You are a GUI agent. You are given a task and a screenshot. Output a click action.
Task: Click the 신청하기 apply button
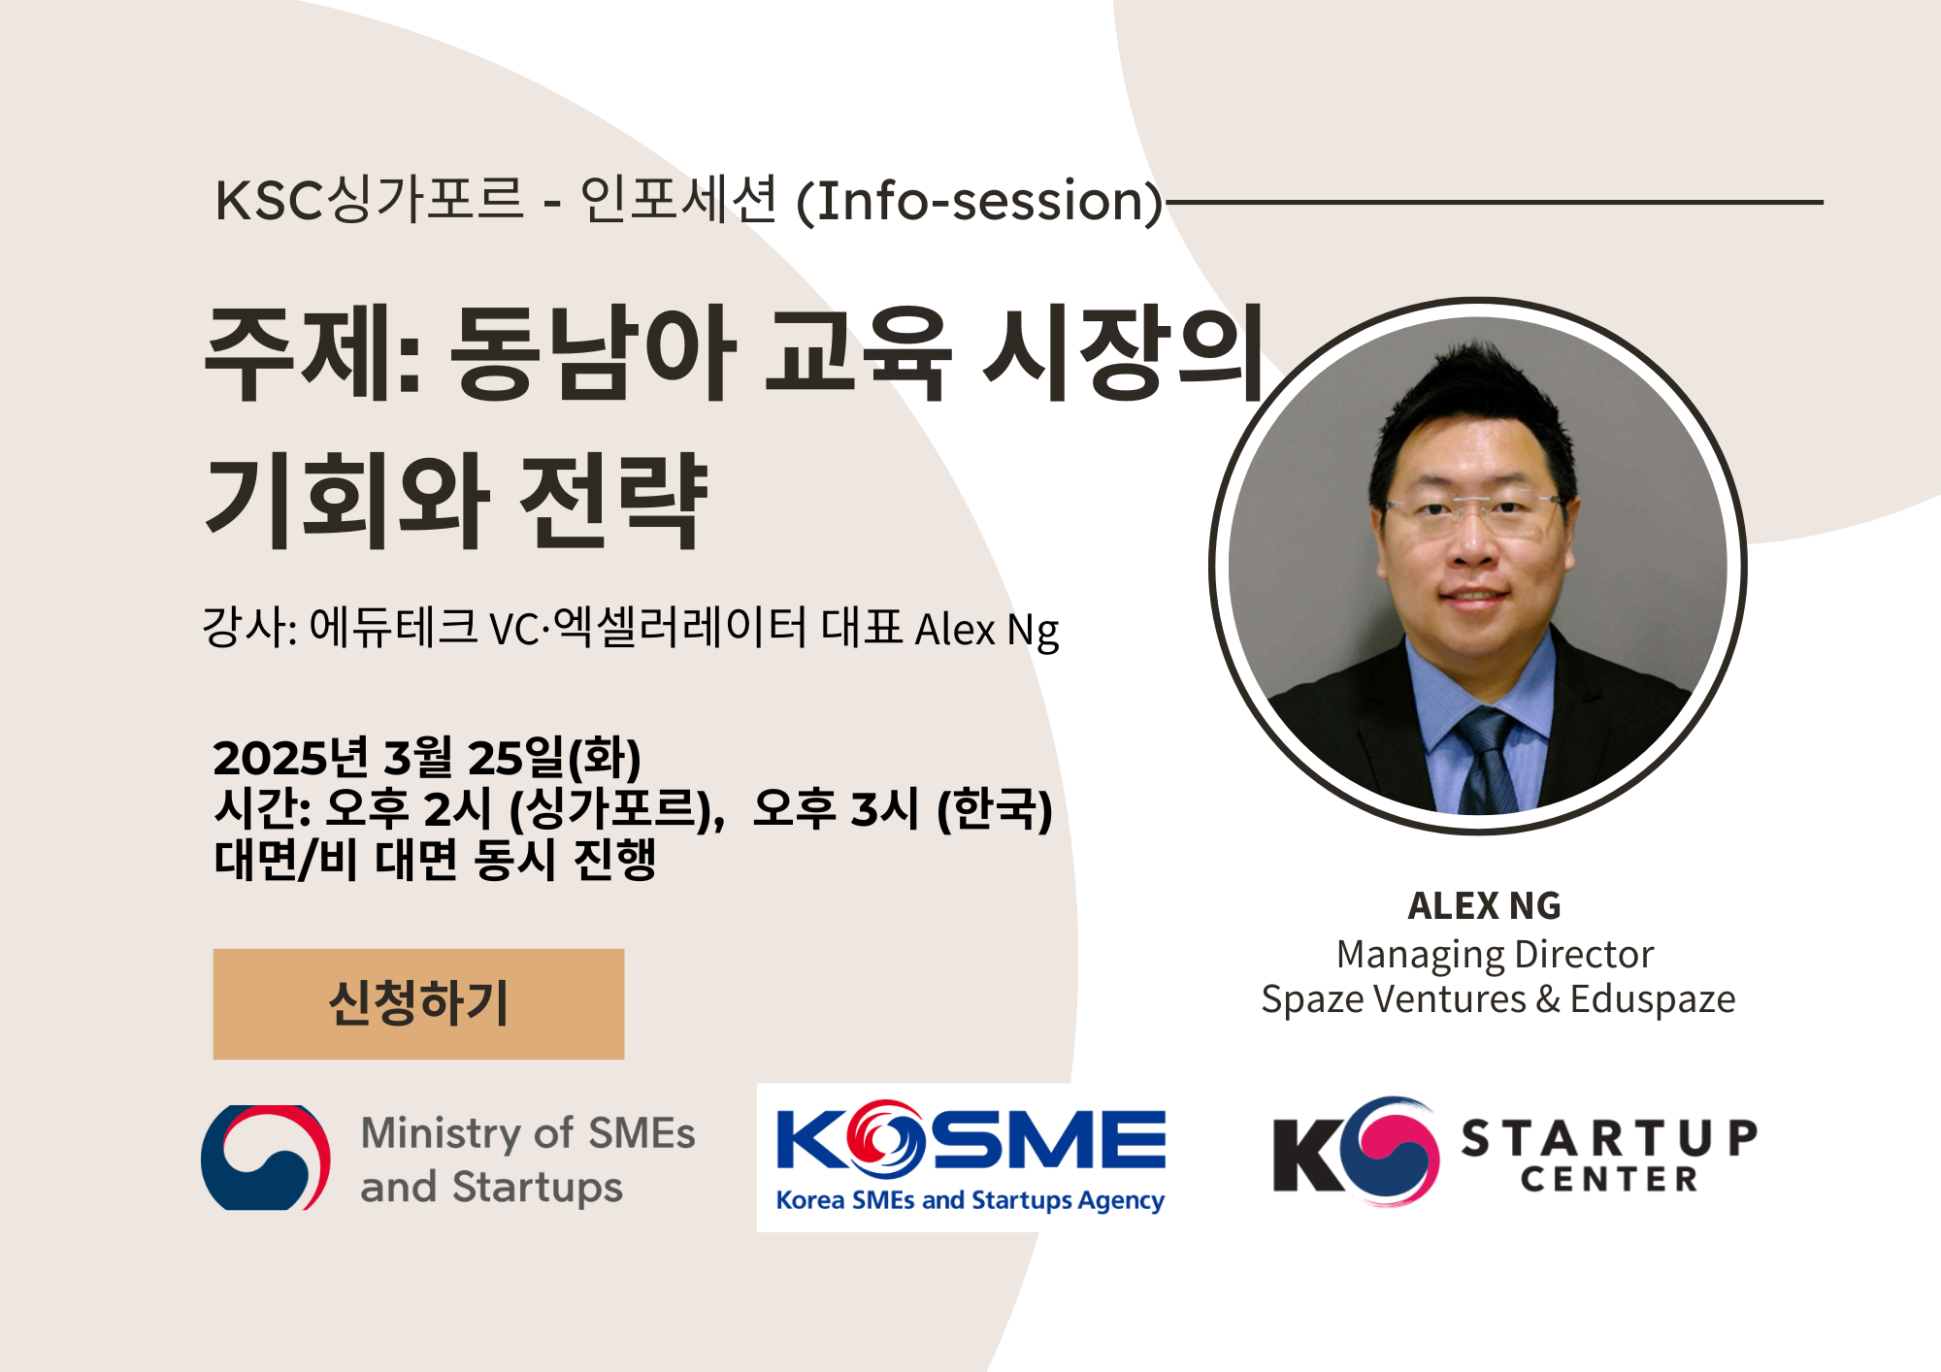click(x=418, y=1003)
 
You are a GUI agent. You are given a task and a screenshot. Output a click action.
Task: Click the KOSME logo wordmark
click(x=970, y=1140)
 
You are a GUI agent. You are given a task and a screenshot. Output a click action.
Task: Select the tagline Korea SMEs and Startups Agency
click(x=970, y=1201)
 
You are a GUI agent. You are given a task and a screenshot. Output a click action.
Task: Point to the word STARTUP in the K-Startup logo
click(x=1609, y=1138)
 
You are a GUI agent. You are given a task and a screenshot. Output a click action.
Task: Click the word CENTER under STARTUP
click(x=1609, y=1180)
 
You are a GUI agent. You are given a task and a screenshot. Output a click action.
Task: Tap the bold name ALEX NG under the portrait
click(x=1484, y=906)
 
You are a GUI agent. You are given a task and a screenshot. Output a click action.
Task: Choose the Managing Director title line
click(x=1495, y=955)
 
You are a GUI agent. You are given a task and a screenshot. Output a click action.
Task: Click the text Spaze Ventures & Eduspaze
click(x=1497, y=999)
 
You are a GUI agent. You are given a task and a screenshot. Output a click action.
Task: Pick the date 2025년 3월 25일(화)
click(x=427, y=758)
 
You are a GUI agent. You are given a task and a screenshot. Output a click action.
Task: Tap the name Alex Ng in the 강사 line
click(x=986, y=630)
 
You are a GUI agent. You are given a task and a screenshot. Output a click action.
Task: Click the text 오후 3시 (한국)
click(x=903, y=808)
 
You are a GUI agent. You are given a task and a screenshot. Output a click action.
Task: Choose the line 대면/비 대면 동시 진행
click(x=435, y=860)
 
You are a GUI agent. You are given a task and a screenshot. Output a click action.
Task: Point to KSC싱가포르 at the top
click(x=369, y=201)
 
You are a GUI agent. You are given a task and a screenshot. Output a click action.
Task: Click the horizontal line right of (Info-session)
click(x=1495, y=203)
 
